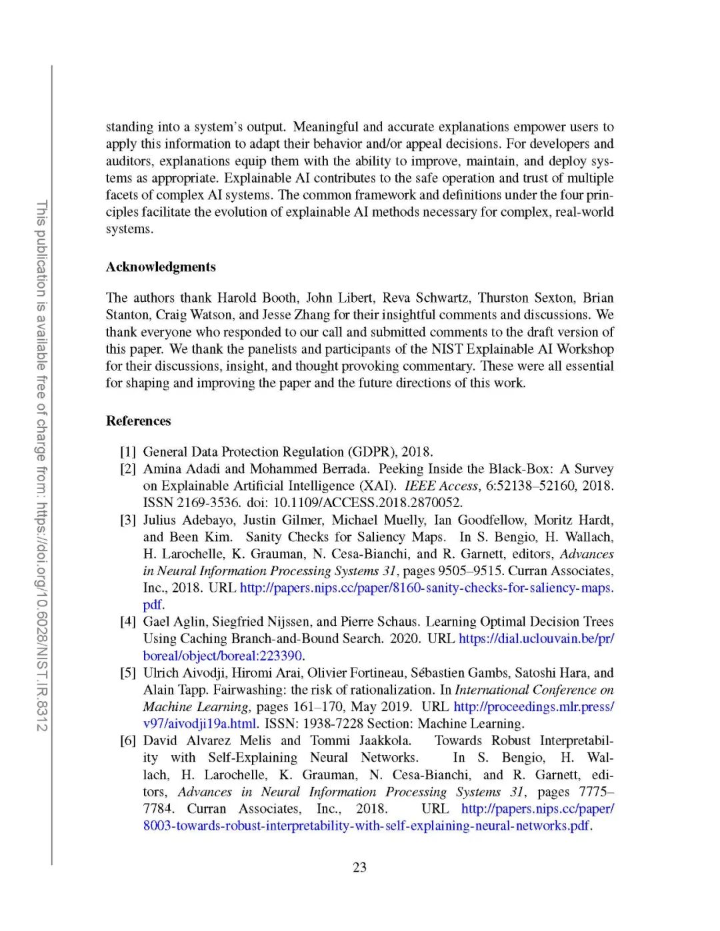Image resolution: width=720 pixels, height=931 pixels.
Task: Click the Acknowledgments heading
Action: (161, 267)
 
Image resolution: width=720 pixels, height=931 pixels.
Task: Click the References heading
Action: (138, 421)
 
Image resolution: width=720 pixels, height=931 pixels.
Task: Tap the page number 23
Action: (359, 867)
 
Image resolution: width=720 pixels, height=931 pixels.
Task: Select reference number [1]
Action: (128, 452)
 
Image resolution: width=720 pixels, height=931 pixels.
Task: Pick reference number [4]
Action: (128, 622)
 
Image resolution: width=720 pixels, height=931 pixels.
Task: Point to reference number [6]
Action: (128, 740)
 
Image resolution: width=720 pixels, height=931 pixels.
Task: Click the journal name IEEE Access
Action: (441, 486)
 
